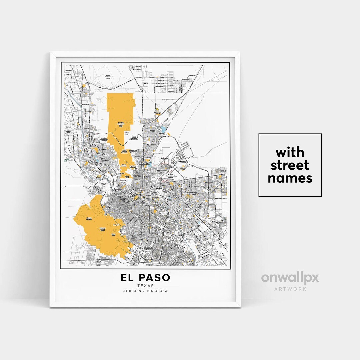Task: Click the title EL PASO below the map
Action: tap(145, 278)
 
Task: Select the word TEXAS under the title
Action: tap(145, 286)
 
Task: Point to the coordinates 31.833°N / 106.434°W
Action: tap(145, 291)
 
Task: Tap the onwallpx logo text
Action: tap(290, 278)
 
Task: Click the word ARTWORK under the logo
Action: tap(290, 289)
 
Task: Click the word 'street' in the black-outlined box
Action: tap(290, 165)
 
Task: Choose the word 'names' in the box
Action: tap(290, 178)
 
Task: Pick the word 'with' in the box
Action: tap(290, 152)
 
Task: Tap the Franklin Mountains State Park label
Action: tap(120, 125)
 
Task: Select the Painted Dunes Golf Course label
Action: tap(158, 112)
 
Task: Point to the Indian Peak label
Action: tap(126, 134)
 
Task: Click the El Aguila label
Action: tap(116, 225)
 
